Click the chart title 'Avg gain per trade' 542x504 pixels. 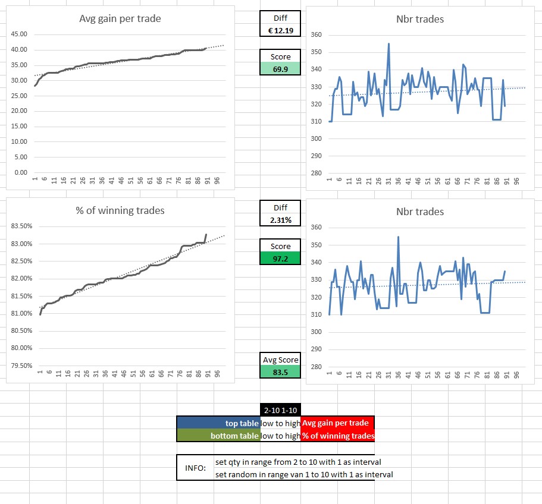click(x=120, y=18)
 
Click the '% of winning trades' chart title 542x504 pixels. click(x=121, y=210)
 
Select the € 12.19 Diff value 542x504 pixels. click(x=280, y=30)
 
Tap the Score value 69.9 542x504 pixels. click(x=280, y=68)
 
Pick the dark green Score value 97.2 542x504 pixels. click(x=280, y=258)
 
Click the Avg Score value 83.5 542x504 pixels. click(x=280, y=371)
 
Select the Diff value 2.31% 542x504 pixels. click(x=280, y=220)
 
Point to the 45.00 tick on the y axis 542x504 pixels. click(x=19, y=34)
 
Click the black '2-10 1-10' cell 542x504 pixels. click(x=280, y=409)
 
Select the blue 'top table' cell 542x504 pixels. click(x=219, y=423)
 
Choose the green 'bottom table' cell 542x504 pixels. click(x=219, y=436)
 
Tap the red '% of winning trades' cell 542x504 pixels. click(x=337, y=436)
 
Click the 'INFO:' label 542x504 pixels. click(x=195, y=468)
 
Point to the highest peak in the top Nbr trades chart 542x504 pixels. click(x=389, y=43)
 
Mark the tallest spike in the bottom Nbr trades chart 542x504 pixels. click(x=398, y=237)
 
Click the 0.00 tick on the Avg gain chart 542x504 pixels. click(x=20, y=172)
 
